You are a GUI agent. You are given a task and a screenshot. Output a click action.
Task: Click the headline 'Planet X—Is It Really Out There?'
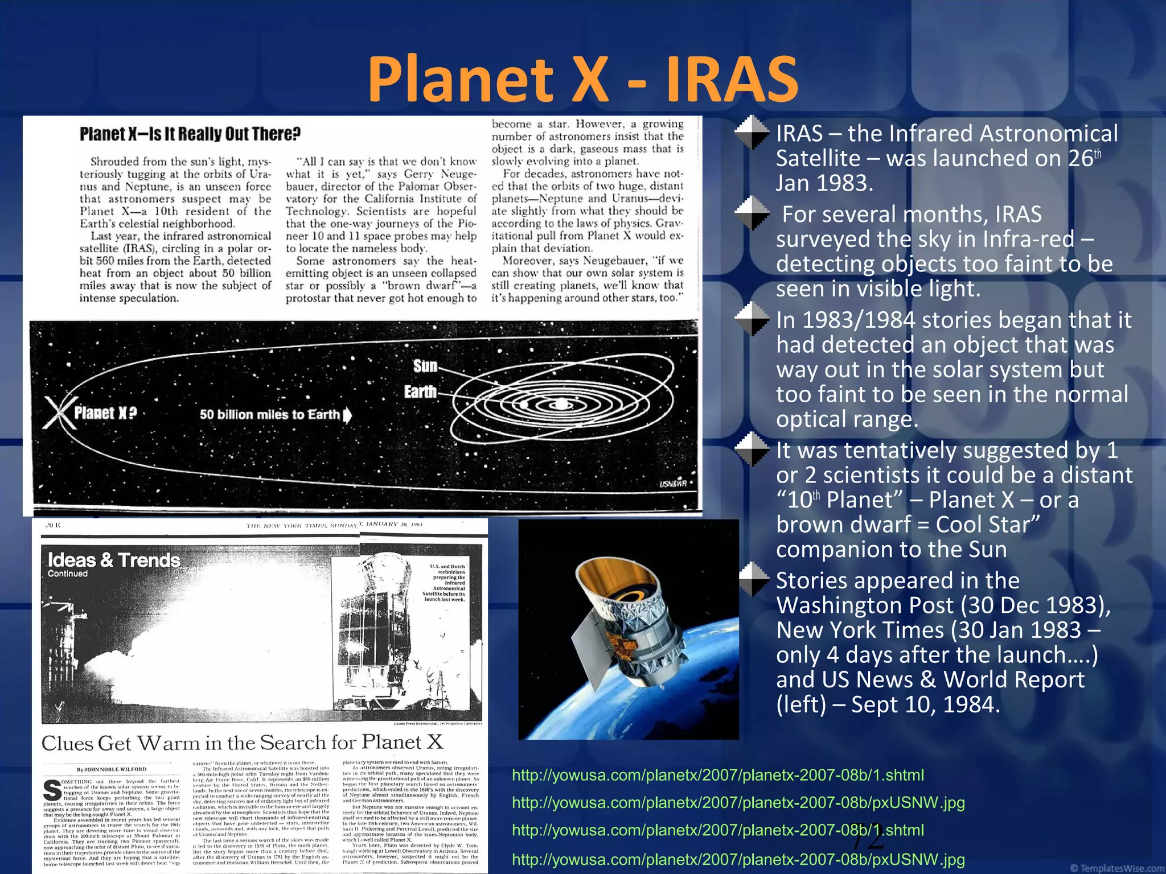pos(190,134)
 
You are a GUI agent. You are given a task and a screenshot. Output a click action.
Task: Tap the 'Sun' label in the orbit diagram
pos(425,366)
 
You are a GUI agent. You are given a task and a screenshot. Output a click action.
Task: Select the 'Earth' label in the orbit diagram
pos(420,392)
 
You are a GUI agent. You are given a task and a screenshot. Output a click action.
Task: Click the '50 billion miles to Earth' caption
pos(269,414)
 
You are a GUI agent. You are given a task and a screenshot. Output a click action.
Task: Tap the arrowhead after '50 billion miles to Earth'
pos(347,415)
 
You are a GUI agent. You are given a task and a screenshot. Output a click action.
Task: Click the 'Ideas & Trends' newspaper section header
pos(114,560)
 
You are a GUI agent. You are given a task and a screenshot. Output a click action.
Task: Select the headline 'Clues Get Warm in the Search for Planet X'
pos(242,743)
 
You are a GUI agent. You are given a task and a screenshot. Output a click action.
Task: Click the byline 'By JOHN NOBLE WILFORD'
pos(112,769)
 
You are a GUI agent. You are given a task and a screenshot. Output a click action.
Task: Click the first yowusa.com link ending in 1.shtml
pos(718,775)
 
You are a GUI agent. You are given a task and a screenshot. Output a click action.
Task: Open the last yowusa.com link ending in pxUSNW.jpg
pos(738,859)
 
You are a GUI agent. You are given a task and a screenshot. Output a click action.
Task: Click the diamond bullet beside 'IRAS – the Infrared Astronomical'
pos(752,133)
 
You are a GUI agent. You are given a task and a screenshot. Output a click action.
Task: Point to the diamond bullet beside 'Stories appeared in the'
pos(752,579)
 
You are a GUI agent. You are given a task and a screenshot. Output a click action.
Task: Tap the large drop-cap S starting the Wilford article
pos(52,790)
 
